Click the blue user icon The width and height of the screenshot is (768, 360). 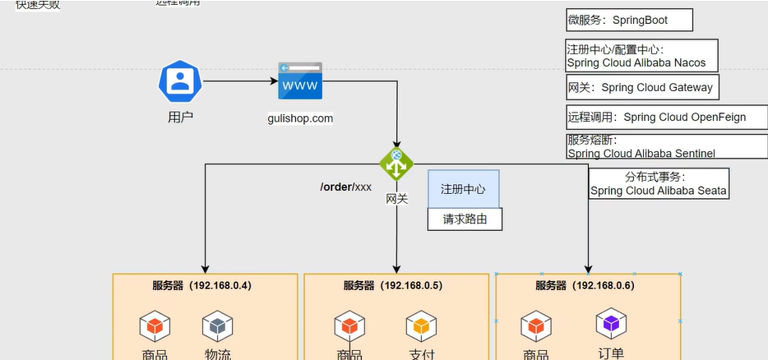[x=180, y=81]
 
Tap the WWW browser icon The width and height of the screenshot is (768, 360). [x=299, y=82]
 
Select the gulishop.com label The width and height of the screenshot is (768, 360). [x=300, y=118]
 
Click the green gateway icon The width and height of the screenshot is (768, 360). [x=396, y=164]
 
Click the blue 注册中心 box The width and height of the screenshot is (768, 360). [x=463, y=189]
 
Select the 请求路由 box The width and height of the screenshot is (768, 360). [x=465, y=219]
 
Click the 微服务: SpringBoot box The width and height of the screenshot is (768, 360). [x=629, y=20]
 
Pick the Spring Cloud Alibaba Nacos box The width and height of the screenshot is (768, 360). [x=641, y=56]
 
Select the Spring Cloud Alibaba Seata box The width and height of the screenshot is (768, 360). [x=659, y=183]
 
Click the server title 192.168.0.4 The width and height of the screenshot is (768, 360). [x=201, y=286]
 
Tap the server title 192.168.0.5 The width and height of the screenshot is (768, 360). [x=393, y=286]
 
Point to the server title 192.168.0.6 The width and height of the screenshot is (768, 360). [x=585, y=286]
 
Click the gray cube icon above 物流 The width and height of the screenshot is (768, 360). [x=217, y=326]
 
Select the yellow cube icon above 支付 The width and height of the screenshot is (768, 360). [x=421, y=326]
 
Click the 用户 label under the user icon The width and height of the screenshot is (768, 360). [x=180, y=117]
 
